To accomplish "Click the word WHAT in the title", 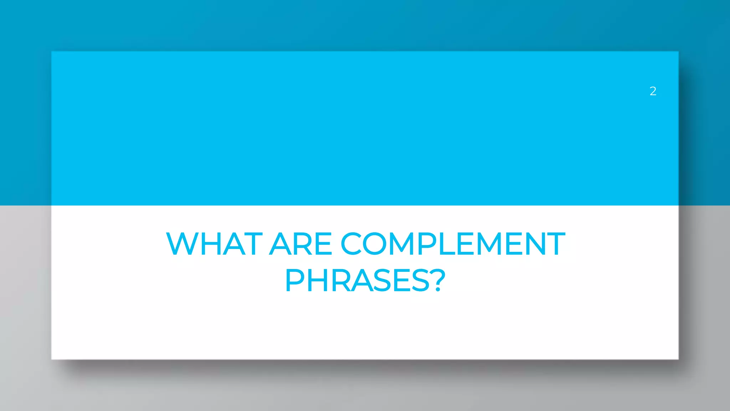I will [x=214, y=244].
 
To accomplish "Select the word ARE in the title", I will [x=300, y=244].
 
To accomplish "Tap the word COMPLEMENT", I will [x=453, y=244].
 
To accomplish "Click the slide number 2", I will [x=653, y=91].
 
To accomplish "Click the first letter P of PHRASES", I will [x=295, y=281].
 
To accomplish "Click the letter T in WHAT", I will [x=252, y=244].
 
